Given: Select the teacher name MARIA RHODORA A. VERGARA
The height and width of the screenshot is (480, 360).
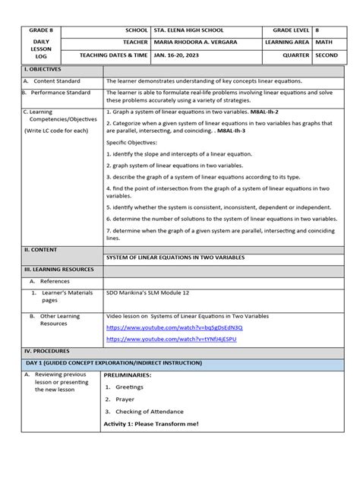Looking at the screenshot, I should [x=197, y=42].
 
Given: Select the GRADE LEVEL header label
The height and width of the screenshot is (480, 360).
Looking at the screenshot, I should [x=286, y=29].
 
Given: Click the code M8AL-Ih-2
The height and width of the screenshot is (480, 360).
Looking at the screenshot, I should [x=267, y=111].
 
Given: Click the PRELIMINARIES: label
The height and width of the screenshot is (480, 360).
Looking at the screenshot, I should [x=132, y=374].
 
